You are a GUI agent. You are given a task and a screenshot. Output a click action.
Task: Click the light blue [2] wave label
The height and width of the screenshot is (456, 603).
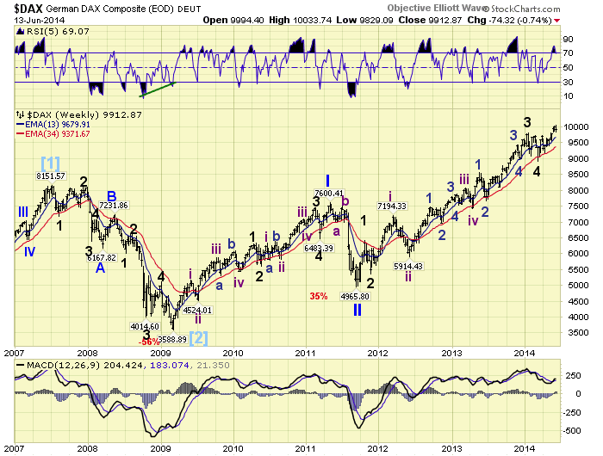pyautogui.click(x=197, y=337)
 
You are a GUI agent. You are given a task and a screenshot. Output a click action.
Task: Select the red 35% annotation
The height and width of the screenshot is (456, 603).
pyautogui.click(x=319, y=296)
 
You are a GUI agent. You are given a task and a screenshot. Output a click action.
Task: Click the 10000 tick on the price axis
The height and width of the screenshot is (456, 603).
pyautogui.click(x=579, y=127)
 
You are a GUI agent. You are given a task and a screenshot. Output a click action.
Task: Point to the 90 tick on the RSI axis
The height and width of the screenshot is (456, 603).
pyautogui.click(x=569, y=39)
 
